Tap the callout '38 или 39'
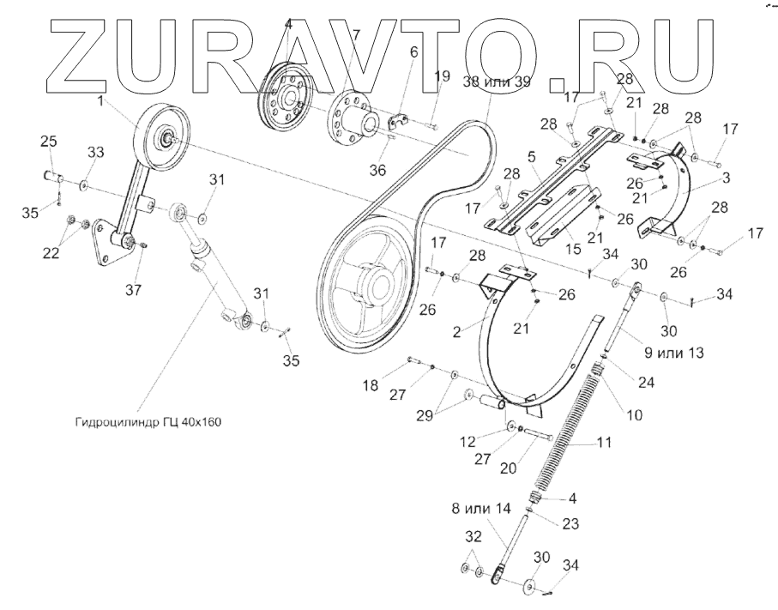498,83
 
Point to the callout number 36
377,171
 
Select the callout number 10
634,415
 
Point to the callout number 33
96,152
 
